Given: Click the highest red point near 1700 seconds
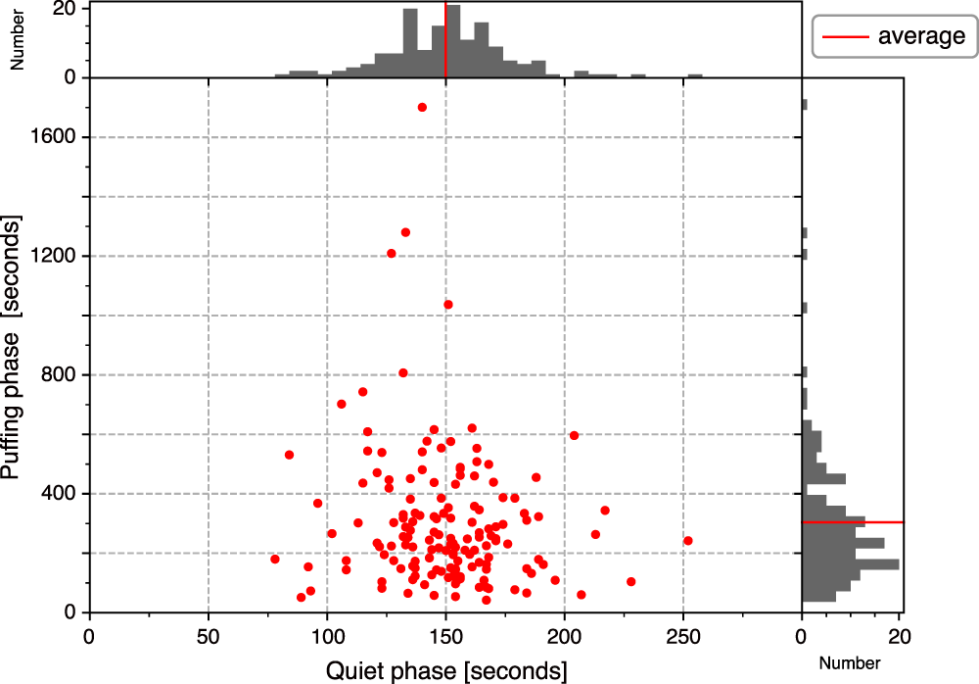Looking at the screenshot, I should tap(422, 107).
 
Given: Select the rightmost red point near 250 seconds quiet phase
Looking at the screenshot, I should tap(688, 541).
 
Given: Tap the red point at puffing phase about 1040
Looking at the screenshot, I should tap(448, 305).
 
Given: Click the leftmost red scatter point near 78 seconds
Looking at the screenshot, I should tap(275, 559).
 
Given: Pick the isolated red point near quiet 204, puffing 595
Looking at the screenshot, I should tap(575, 435).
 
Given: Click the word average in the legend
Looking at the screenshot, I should tap(921, 37).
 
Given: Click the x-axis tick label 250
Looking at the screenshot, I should tap(683, 635).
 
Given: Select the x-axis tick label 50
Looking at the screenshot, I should tap(209, 635).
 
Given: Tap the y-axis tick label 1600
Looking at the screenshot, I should tap(57, 137).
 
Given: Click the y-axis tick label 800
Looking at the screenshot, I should tap(62, 375).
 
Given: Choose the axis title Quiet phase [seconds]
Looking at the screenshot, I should tap(445, 670).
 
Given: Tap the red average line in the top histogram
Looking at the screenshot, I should tap(445, 39).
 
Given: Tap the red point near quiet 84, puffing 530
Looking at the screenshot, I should tap(290, 455).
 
